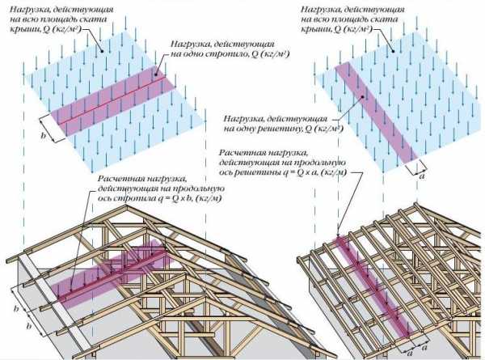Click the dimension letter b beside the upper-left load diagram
(44, 135)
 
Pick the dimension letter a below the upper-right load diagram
(421, 176)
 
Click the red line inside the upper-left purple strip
(112, 100)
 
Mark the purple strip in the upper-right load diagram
(377, 112)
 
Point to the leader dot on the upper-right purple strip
(364, 97)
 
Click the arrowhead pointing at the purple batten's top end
(338, 235)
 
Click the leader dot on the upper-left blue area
(103, 50)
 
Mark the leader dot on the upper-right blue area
(394, 51)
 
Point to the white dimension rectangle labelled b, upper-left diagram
(53, 128)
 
